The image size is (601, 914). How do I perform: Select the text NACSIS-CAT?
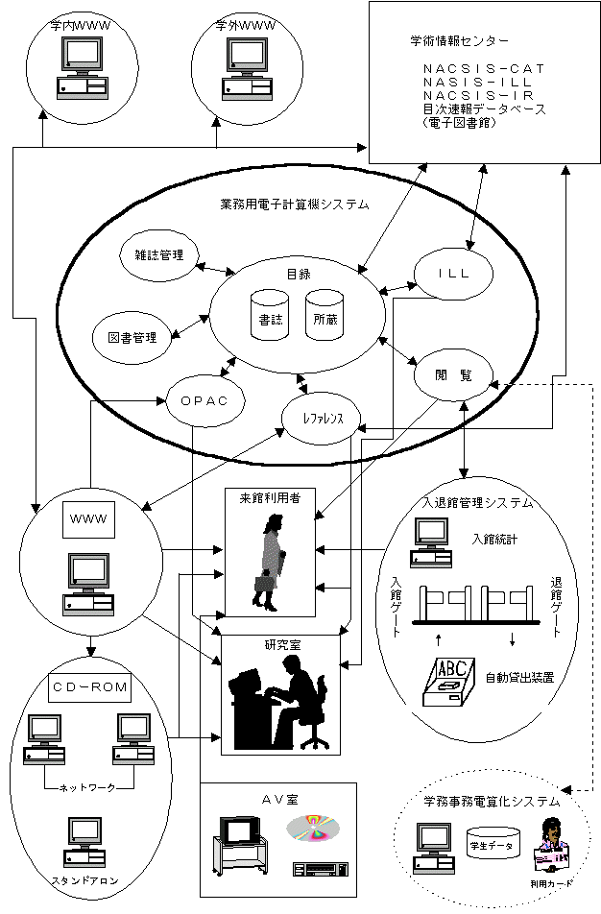pyautogui.click(x=484, y=69)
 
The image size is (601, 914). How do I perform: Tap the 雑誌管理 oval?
pyautogui.click(x=159, y=254)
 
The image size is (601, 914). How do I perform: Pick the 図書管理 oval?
pyautogui.click(x=132, y=337)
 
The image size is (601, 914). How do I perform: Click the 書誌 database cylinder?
pyautogui.click(x=270, y=315)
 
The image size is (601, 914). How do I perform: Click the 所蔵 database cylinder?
pyautogui.click(x=325, y=315)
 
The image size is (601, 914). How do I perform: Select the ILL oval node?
pyautogui.click(x=453, y=274)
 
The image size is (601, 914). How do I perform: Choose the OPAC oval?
pyautogui.click(x=204, y=401)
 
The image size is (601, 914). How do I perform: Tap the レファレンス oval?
pyautogui.click(x=322, y=418)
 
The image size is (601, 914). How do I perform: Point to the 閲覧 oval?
pyautogui.click(x=453, y=374)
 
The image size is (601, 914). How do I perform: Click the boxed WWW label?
pyautogui.click(x=88, y=518)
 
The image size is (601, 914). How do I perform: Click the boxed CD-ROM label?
pyautogui.click(x=90, y=687)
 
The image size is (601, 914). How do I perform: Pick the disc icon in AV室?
pyautogui.click(x=313, y=828)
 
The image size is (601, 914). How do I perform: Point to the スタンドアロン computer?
pyautogui.click(x=85, y=842)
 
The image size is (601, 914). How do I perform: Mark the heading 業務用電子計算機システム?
pyautogui.click(x=295, y=204)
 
